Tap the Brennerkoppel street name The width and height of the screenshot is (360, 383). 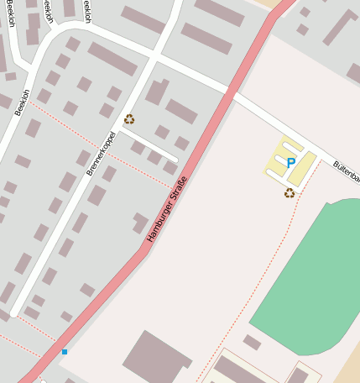(101, 153)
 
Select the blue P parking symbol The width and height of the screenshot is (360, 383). (291, 163)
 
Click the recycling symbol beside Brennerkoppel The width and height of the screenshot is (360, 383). (129, 119)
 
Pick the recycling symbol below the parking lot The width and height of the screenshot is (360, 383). (290, 192)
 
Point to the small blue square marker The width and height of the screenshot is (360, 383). (64, 352)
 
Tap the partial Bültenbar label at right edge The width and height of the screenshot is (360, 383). (346, 171)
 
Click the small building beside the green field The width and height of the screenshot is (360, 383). (252, 342)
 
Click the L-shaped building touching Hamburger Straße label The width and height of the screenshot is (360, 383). (140, 223)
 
